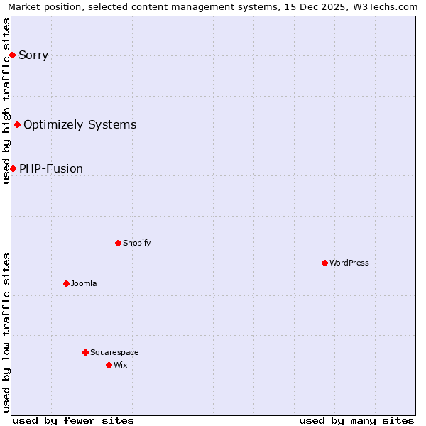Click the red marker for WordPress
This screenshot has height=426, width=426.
tap(324, 263)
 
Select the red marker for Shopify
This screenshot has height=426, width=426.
tap(118, 243)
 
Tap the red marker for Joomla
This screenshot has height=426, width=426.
tap(66, 283)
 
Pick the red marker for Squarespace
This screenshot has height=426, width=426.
tap(85, 352)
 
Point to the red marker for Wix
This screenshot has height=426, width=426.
tap(109, 365)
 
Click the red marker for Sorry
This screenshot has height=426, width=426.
tap(12, 55)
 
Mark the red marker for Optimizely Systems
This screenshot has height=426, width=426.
tap(17, 124)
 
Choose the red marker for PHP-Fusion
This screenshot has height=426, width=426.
tap(13, 168)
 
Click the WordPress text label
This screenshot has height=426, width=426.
tap(349, 263)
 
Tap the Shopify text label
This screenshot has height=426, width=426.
tap(137, 243)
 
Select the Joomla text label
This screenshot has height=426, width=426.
tap(84, 283)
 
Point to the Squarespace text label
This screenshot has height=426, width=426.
tap(114, 352)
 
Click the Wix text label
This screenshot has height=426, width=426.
tap(120, 365)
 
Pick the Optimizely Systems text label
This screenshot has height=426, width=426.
tap(80, 125)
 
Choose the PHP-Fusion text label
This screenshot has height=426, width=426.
tap(51, 169)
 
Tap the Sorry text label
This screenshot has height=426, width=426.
tap(33, 55)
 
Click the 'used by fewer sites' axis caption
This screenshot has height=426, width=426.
tap(73, 420)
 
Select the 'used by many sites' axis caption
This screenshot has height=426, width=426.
tap(356, 420)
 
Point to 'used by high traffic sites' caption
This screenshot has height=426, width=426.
tap(6, 101)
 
